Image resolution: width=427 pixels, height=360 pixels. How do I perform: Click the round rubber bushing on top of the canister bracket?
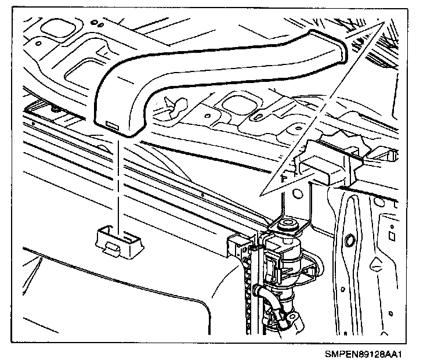[288, 225]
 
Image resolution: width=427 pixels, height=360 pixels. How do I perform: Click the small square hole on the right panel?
[393, 236]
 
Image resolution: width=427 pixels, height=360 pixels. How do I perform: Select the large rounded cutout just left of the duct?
[81, 73]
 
